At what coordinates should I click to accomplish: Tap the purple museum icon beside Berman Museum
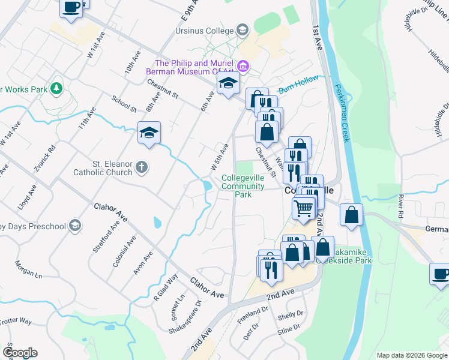(244, 66)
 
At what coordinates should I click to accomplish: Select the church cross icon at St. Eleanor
(142, 167)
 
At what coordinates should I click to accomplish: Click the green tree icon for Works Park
(56, 89)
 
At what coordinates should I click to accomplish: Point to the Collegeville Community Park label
(243, 186)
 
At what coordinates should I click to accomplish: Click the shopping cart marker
(304, 208)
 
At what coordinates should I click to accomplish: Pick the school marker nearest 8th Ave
(149, 133)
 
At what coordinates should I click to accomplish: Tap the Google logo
(20, 352)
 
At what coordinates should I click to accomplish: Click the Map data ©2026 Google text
(411, 355)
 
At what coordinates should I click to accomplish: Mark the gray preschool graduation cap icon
(74, 226)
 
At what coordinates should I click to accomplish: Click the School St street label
(124, 104)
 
